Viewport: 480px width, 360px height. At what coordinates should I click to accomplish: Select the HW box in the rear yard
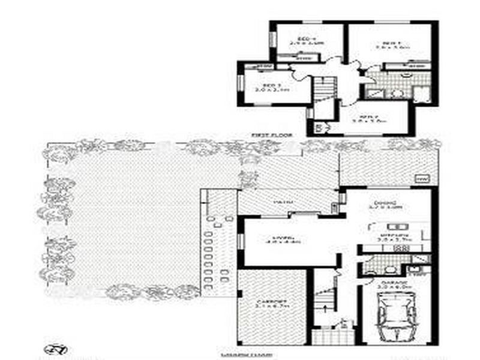click(x=422, y=179)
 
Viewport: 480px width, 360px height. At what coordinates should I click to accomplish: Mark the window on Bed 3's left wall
click(x=239, y=83)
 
